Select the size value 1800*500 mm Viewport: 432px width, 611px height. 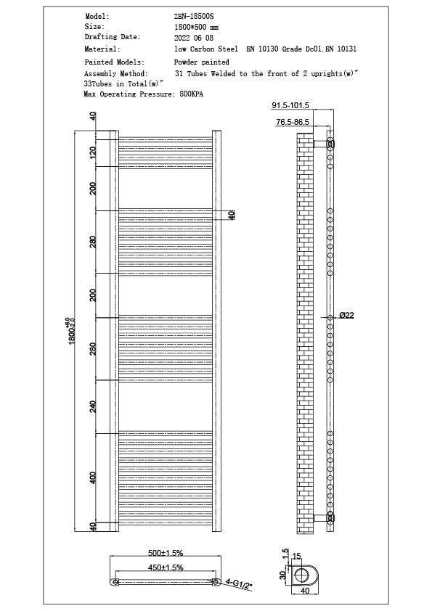197,26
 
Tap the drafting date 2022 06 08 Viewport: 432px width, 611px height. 194,37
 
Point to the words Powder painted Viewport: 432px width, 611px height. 201,62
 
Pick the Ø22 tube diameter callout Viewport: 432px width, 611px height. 346,316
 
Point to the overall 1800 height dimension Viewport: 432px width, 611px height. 73,331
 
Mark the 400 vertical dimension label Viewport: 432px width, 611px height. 93,477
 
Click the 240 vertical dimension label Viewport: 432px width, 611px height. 93,406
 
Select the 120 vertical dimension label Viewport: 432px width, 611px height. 93,152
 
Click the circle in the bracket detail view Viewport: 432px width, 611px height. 303,575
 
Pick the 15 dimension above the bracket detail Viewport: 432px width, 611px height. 298,557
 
